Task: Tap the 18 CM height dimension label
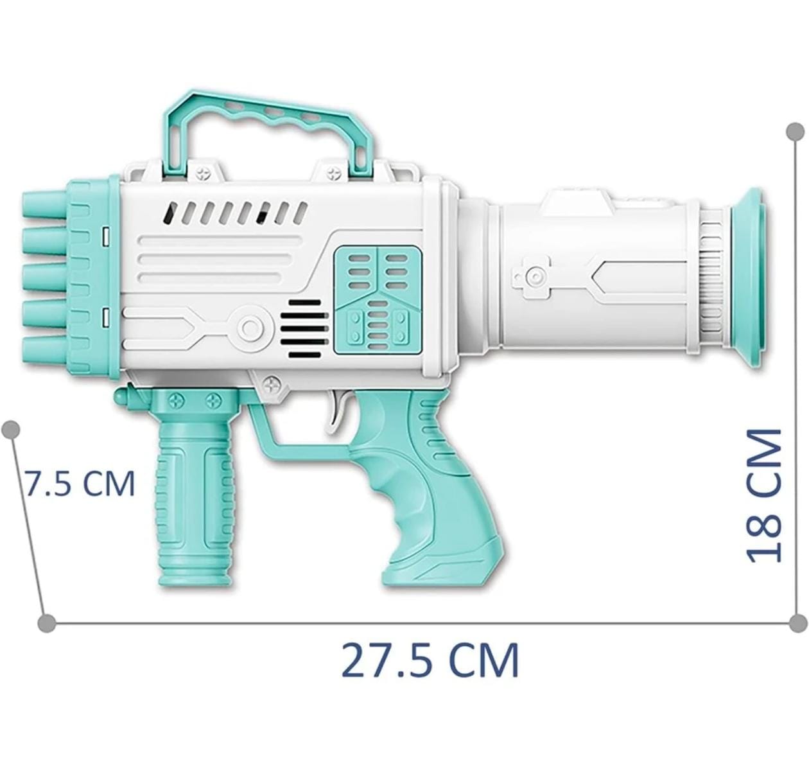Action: (764, 495)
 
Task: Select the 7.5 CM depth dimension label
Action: (79, 483)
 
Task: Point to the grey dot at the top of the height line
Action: (796, 132)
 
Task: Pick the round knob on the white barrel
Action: (532, 276)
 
